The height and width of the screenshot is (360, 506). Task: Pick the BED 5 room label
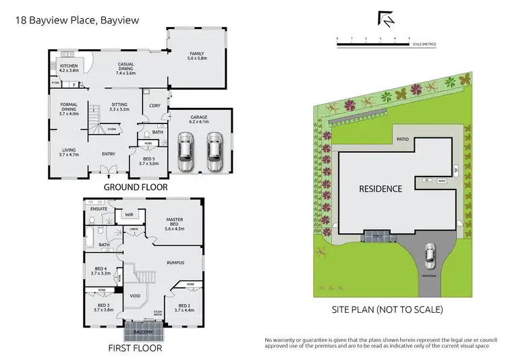[148, 160]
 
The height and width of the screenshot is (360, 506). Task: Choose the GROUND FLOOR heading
[136, 187]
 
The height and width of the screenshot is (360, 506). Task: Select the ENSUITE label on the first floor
[99, 209]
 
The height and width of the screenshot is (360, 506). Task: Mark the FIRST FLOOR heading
[135, 349]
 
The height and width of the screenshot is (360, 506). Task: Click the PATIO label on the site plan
[403, 140]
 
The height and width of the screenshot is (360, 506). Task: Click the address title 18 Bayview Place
[77, 20]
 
